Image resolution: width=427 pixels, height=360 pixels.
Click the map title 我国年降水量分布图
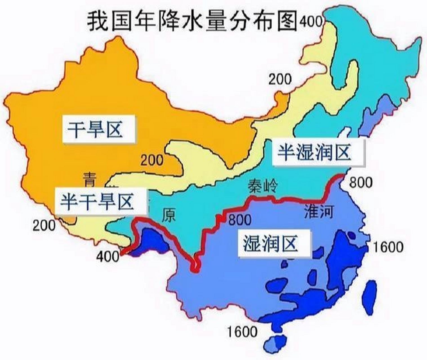point(192,21)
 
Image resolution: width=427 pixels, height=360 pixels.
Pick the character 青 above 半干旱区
point(90,179)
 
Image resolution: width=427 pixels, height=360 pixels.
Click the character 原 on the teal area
point(169,216)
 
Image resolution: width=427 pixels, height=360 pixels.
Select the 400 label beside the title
point(311,21)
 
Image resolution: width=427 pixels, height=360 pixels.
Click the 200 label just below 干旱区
point(152,160)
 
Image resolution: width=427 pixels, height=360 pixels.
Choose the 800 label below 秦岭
point(240,220)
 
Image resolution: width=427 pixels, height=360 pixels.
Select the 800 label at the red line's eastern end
point(361,183)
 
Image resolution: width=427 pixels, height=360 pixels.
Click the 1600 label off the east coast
point(388,247)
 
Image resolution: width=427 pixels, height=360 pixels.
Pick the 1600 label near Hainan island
point(242,332)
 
